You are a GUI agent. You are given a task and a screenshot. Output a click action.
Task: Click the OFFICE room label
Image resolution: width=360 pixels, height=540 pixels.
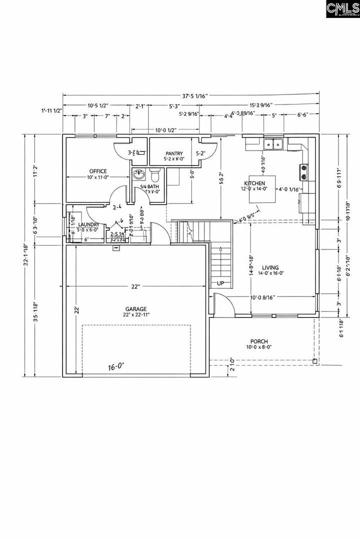click(98, 171)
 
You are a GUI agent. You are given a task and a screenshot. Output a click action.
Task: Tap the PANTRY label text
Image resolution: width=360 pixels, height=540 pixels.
click(174, 153)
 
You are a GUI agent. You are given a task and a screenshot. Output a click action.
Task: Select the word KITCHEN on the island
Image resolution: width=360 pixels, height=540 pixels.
click(254, 183)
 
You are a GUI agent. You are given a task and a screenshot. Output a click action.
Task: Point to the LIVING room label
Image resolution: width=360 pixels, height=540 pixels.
click(270, 268)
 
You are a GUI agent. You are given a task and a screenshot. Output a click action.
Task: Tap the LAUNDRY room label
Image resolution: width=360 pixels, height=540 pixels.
click(88, 224)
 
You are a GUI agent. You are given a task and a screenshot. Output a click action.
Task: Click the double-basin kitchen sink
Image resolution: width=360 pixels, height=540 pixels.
click(273, 145)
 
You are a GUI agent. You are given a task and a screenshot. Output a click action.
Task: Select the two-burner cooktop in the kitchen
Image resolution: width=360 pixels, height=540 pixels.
click(303, 172)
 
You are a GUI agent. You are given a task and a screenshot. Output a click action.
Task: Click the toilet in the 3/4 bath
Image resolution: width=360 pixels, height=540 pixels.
click(154, 176)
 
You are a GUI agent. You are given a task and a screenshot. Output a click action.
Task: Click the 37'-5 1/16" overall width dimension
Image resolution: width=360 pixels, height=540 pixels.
click(190, 96)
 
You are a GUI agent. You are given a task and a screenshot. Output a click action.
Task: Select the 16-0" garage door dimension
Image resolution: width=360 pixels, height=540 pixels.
click(116, 367)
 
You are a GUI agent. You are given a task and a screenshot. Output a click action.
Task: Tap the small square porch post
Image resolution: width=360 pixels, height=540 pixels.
click(314, 360)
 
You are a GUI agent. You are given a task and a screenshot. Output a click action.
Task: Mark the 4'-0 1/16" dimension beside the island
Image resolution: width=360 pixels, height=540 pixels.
click(289, 189)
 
